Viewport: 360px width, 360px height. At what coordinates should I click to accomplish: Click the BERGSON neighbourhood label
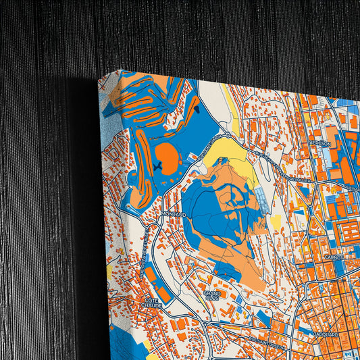click(320, 143)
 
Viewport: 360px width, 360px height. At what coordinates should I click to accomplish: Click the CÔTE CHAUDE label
click(151, 303)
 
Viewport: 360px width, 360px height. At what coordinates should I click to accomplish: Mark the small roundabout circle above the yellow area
click(228, 135)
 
